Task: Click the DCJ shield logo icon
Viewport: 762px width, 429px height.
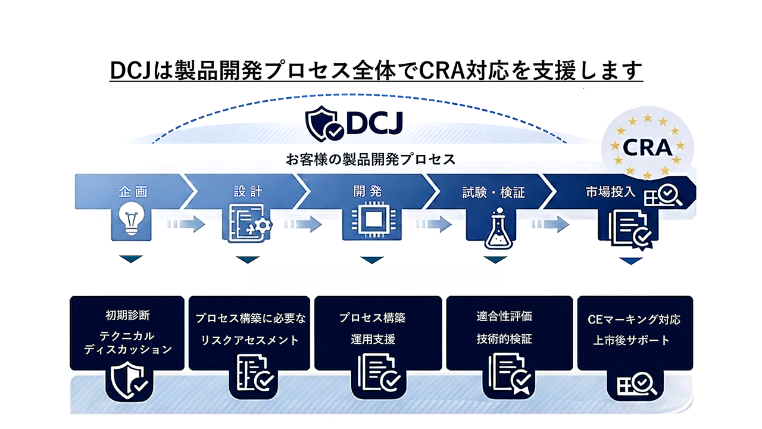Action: point(324,123)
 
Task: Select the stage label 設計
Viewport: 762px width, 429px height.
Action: point(248,192)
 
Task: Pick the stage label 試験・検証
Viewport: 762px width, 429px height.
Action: point(494,192)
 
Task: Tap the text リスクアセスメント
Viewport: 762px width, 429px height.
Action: point(249,340)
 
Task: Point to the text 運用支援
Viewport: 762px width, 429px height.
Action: point(372,340)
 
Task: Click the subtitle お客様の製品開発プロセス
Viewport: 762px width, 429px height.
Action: point(371,160)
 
